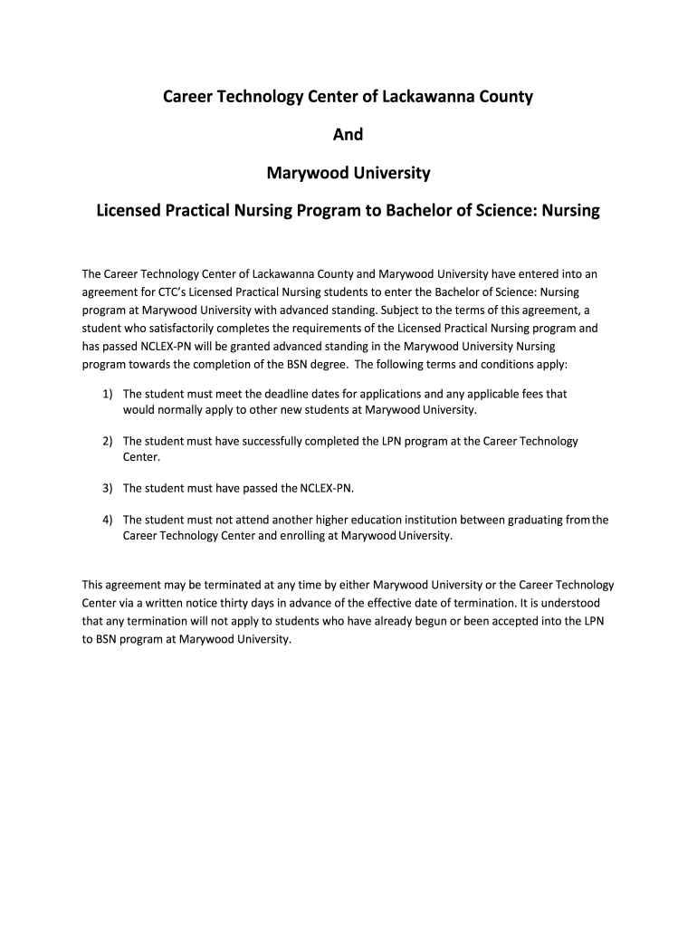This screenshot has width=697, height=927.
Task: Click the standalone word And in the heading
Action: (348, 134)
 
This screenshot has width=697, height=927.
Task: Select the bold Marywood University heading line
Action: (348, 172)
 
